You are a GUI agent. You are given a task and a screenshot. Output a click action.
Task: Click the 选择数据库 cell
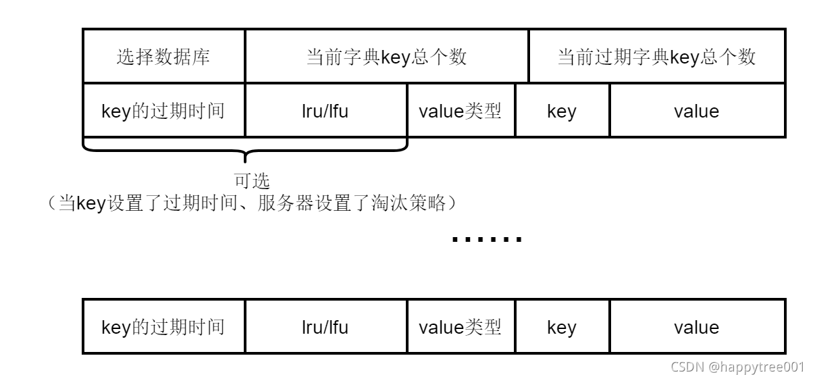tap(163, 57)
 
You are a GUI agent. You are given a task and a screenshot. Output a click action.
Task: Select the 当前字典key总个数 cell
tap(386, 57)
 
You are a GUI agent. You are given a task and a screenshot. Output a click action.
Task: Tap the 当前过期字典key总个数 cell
tap(656, 57)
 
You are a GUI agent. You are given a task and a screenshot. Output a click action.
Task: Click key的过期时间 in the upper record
tap(163, 111)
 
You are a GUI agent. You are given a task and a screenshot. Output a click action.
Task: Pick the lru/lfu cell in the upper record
tap(325, 111)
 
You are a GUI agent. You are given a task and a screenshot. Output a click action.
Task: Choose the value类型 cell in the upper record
tap(461, 111)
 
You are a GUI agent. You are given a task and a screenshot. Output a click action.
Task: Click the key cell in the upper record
tap(562, 111)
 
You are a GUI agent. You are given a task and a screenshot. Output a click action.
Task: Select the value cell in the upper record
tap(697, 111)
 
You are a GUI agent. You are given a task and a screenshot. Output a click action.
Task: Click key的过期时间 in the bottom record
tap(163, 327)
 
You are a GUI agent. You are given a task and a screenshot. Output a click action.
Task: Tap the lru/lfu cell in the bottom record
tap(325, 327)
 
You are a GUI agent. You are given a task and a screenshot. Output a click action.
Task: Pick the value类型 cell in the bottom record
tap(461, 327)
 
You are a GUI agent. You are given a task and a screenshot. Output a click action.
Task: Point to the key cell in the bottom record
tap(562, 327)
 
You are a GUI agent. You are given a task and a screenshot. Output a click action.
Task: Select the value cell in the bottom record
tap(697, 327)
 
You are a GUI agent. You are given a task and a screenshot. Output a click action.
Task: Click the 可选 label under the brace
tap(252, 181)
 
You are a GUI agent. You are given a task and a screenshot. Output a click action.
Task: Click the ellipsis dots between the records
tap(486, 238)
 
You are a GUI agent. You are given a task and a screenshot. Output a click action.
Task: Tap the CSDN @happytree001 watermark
tap(737, 367)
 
